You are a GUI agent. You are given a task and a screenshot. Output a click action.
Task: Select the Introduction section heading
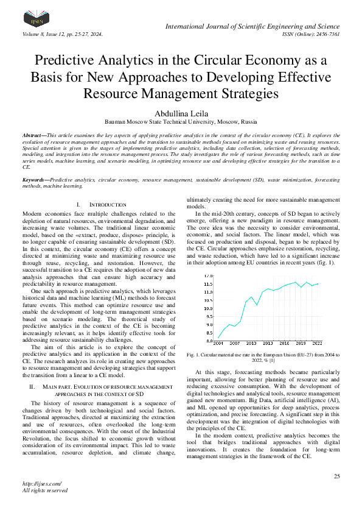click(x=108, y=205)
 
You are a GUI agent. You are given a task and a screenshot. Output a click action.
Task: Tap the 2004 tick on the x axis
click(x=218, y=344)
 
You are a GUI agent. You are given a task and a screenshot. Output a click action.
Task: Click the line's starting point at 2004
click(x=218, y=337)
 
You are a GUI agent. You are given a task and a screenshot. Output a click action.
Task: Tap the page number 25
click(x=336, y=476)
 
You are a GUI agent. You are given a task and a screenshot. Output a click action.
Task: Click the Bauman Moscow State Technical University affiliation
click(x=181, y=122)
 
